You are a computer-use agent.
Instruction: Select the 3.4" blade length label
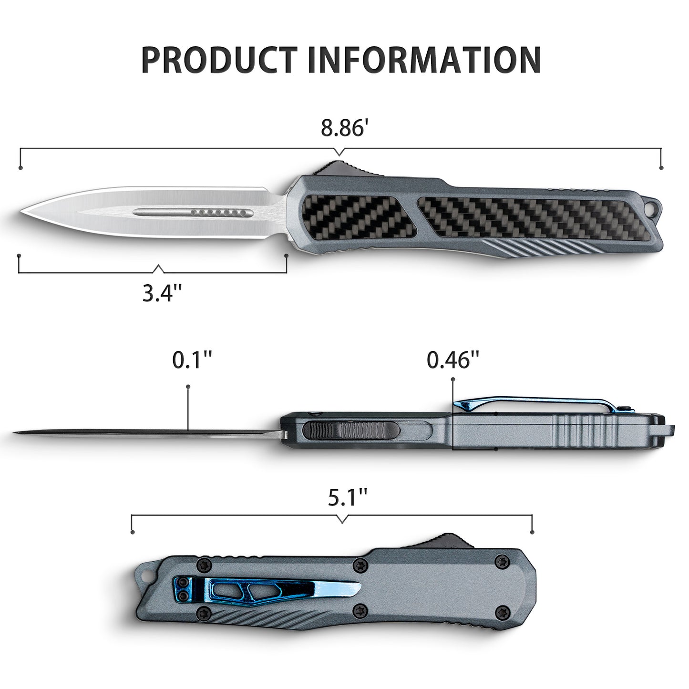click(162, 293)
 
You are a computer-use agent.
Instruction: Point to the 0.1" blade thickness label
click(192, 360)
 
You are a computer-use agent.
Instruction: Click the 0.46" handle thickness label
click(452, 360)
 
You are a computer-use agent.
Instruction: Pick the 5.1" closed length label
click(347, 499)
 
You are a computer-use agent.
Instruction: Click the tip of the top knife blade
click(22, 211)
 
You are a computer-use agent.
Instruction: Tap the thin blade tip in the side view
click(17, 433)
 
